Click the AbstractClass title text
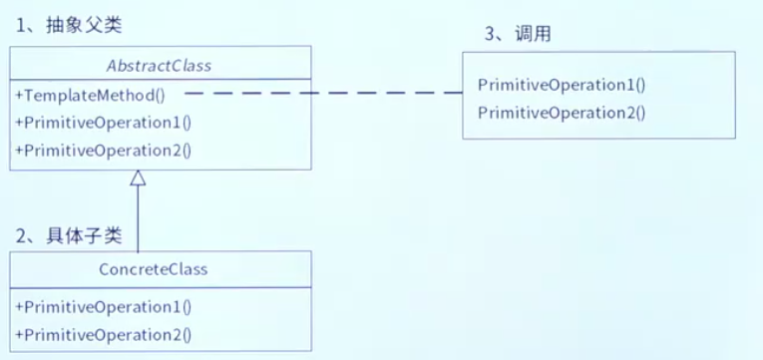[x=160, y=66]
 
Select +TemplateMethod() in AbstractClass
[x=90, y=96]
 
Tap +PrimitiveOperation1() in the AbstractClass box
[x=104, y=123]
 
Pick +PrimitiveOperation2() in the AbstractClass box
[x=104, y=151]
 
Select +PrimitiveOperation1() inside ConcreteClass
[x=104, y=307]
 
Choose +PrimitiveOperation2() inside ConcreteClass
[x=104, y=334]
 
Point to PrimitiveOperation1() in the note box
[x=562, y=85]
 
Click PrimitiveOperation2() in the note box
[x=562, y=112]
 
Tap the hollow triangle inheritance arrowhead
[x=138, y=180]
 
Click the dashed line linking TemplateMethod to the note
[x=319, y=93]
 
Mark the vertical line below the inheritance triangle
[x=138, y=219]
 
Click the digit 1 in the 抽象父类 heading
[x=22, y=25]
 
